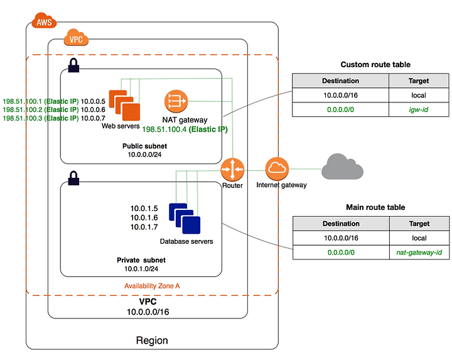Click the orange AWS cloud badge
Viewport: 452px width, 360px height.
pyautogui.click(x=44, y=21)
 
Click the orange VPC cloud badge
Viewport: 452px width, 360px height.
pyautogui.click(x=76, y=38)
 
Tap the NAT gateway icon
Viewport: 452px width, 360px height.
pyautogui.click(x=176, y=101)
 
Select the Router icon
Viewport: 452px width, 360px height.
pyautogui.click(x=232, y=170)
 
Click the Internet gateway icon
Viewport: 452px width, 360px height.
pyautogui.click(x=277, y=169)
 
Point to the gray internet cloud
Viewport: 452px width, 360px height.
pyautogui.click(x=342, y=166)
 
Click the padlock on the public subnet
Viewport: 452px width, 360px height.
pyautogui.click(x=73, y=65)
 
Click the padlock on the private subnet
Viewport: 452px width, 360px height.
pyautogui.click(x=73, y=178)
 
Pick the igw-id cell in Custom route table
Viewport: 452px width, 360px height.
pyautogui.click(x=419, y=109)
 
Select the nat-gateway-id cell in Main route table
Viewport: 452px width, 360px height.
pyautogui.click(x=419, y=253)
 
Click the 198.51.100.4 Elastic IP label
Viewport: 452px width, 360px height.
pyautogui.click(x=185, y=129)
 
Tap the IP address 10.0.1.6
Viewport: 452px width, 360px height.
pyautogui.click(x=144, y=217)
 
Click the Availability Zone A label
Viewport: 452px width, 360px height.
pyautogui.click(x=152, y=286)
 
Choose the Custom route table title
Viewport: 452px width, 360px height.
pyautogui.click(x=375, y=65)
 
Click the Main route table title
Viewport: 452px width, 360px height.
pyautogui.click(x=375, y=207)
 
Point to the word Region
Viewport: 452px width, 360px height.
pyautogui.click(x=152, y=341)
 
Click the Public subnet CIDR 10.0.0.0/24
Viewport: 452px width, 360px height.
pyautogui.click(x=145, y=155)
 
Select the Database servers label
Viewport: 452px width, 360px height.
pyautogui.click(x=186, y=241)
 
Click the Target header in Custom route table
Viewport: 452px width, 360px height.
pyautogui.click(x=419, y=81)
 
